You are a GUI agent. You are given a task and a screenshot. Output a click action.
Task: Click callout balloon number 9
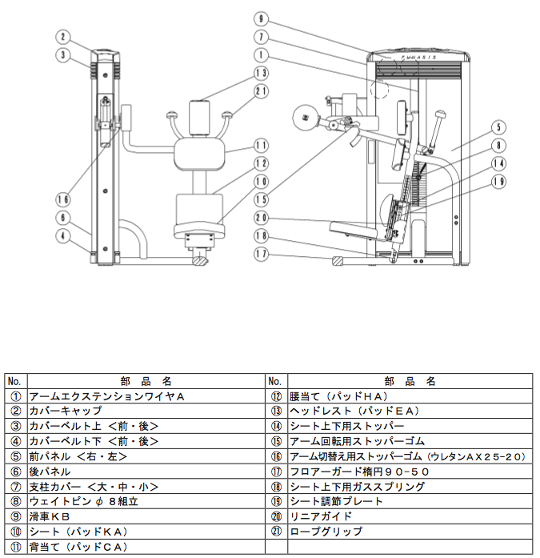tap(261, 19)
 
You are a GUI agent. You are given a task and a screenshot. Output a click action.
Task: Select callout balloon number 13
tap(261, 73)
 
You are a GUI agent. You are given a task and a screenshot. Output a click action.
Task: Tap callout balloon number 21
tap(261, 91)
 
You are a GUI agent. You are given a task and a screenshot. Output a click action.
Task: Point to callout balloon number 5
tap(498, 127)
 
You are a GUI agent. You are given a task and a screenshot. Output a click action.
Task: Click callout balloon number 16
tap(63, 199)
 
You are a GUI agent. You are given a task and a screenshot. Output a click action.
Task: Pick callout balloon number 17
tap(261, 254)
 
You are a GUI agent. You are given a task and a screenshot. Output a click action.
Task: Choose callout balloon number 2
tap(63, 37)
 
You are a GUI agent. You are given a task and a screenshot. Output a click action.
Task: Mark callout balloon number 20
tap(261, 218)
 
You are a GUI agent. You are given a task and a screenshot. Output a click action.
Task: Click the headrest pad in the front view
tap(199, 118)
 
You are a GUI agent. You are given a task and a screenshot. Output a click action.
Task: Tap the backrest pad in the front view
tap(199, 154)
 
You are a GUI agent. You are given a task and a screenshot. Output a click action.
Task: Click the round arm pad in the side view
tap(305, 118)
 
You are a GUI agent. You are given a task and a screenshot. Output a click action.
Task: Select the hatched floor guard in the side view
tap(338, 260)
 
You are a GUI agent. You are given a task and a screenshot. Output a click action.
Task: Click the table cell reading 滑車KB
tap(146, 516)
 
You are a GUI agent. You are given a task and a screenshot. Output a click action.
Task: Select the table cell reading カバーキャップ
tap(146, 411)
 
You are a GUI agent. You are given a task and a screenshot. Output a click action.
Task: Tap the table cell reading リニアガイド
tap(410, 516)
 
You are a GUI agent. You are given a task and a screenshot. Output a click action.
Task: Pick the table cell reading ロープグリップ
tap(410, 532)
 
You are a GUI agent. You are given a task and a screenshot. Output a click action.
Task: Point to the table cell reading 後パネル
tap(146, 472)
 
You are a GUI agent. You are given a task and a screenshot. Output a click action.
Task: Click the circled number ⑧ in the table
tap(16, 501)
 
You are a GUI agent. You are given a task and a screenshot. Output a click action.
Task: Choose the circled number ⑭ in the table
tap(276, 426)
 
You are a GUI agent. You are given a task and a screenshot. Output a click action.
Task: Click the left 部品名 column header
tap(146, 382)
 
